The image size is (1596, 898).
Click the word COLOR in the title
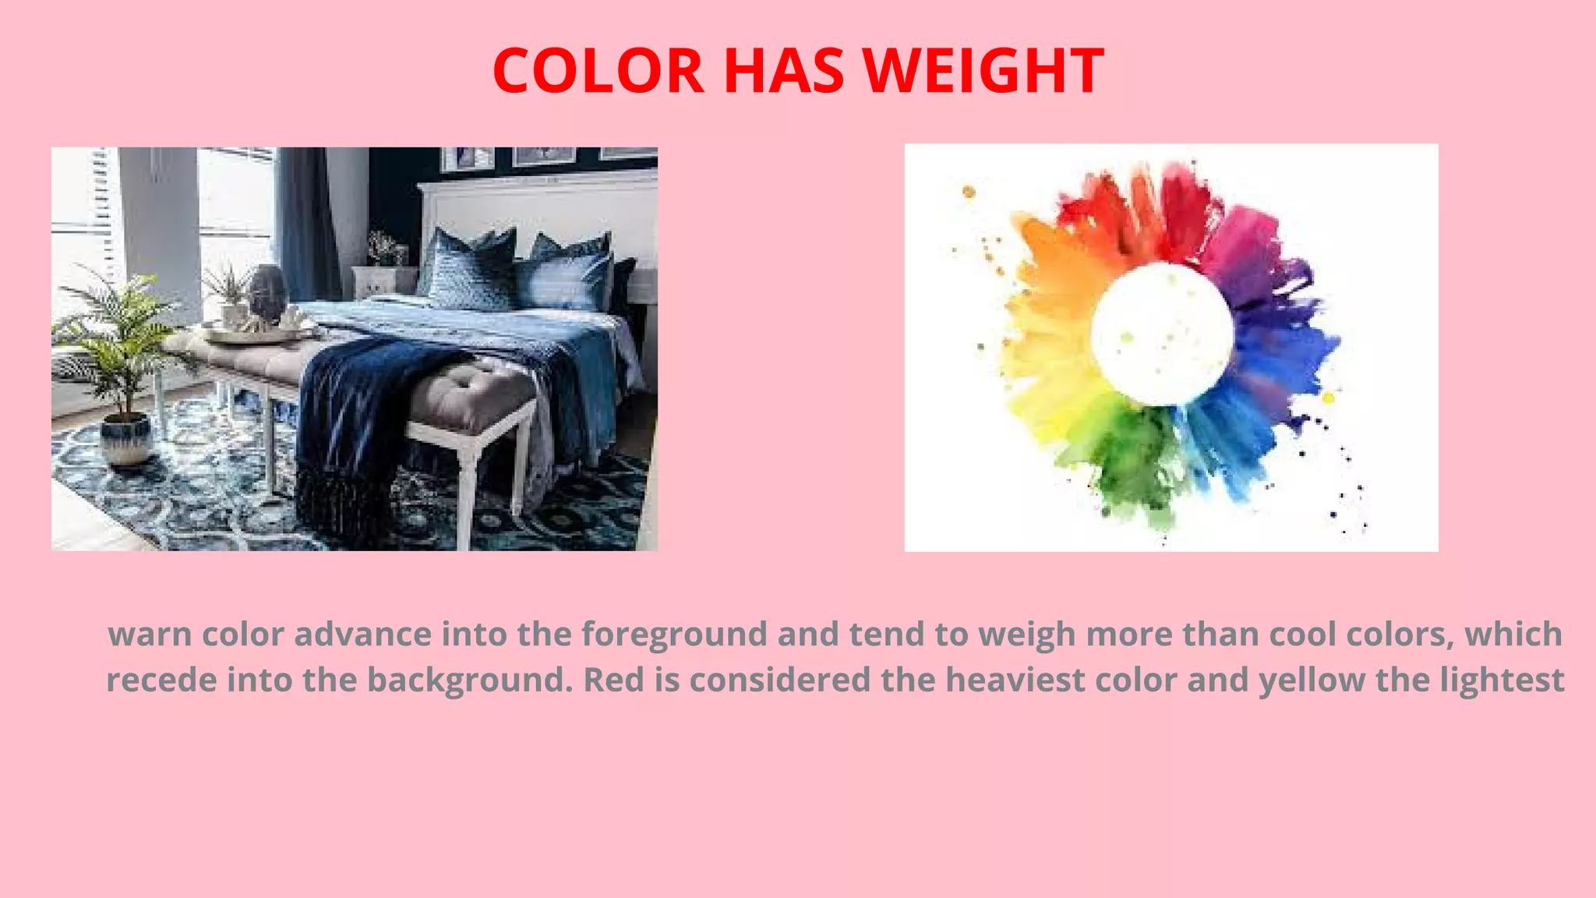point(598,71)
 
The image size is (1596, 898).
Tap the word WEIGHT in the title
point(983,71)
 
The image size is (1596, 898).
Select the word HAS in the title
point(784,71)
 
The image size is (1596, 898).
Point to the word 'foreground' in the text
point(674,635)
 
